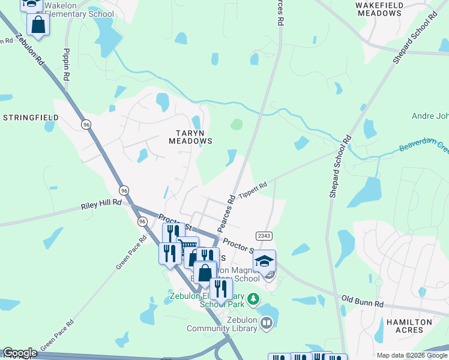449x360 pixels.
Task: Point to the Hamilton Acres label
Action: point(409,326)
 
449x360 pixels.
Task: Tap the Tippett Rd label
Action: point(252,190)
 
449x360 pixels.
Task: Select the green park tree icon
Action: point(253,298)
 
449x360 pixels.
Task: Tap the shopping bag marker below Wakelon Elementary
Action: point(38,26)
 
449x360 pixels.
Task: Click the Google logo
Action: point(20,353)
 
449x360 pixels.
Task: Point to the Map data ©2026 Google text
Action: point(412,355)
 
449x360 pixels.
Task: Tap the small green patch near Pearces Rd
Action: point(237,125)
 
